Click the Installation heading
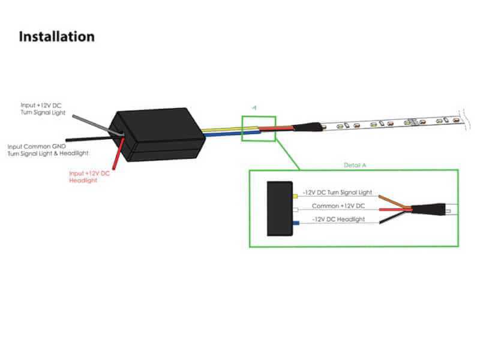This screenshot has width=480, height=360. [x=56, y=37]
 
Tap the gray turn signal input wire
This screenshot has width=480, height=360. [x=97, y=125]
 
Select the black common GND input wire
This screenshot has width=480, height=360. [x=89, y=139]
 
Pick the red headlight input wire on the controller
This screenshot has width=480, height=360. [x=118, y=154]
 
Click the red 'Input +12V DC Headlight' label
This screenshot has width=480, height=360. [x=89, y=177]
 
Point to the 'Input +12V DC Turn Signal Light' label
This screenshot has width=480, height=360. [x=43, y=109]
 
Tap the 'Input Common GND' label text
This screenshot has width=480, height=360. [x=37, y=146]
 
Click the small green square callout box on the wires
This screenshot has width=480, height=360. [x=259, y=116]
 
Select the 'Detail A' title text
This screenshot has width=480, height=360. [x=355, y=166]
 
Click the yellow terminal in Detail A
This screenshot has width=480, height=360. [x=295, y=196]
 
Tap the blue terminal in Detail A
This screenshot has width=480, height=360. [x=296, y=223]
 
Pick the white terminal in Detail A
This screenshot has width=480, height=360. [x=295, y=209]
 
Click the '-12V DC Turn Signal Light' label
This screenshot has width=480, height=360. [x=337, y=193]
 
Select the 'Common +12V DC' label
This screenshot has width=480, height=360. [x=338, y=206]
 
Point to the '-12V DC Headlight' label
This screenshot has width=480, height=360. [x=338, y=220]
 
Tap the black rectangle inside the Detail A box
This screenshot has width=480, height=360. [x=280, y=209]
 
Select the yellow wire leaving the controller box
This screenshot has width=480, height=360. [x=230, y=128]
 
